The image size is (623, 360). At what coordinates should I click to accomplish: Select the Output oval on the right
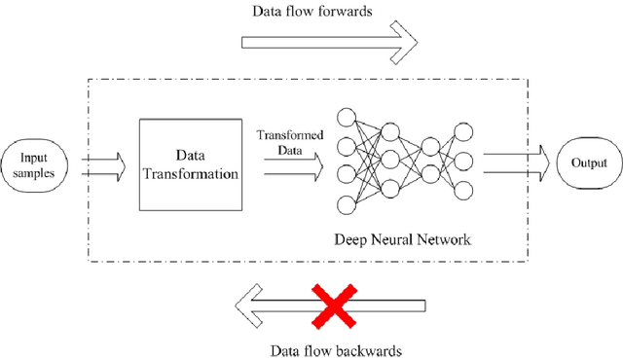(589, 162)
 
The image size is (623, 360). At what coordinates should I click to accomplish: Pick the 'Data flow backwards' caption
(330, 346)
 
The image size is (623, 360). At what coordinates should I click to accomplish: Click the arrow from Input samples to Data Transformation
(103, 162)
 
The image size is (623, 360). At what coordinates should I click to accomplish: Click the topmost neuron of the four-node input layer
(346, 118)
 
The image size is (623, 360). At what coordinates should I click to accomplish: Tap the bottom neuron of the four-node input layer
(346, 204)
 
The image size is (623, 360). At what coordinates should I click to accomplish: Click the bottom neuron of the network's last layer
(465, 190)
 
